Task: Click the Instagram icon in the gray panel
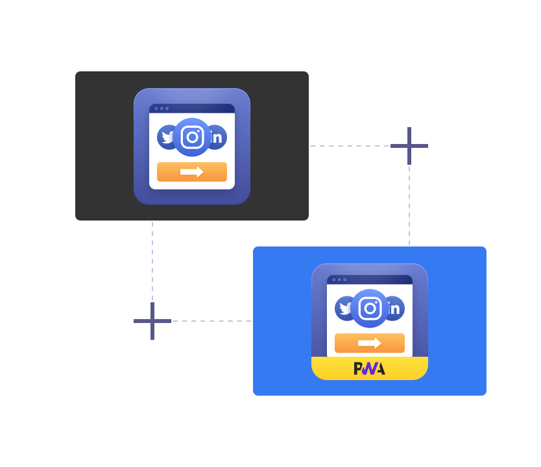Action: (192, 138)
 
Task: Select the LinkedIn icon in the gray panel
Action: (217, 138)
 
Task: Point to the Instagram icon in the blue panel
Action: (370, 309)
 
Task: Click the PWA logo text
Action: (370, 368)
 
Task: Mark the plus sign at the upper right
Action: (409, 146)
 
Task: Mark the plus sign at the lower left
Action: (152, 321)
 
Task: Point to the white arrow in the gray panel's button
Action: (192, 172)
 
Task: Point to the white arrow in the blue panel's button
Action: (370, 343)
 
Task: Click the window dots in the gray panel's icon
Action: (162, 108)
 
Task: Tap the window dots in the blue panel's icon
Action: (339, 280)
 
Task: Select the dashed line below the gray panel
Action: (152, 259)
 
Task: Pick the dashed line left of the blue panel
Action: (211, 321)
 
